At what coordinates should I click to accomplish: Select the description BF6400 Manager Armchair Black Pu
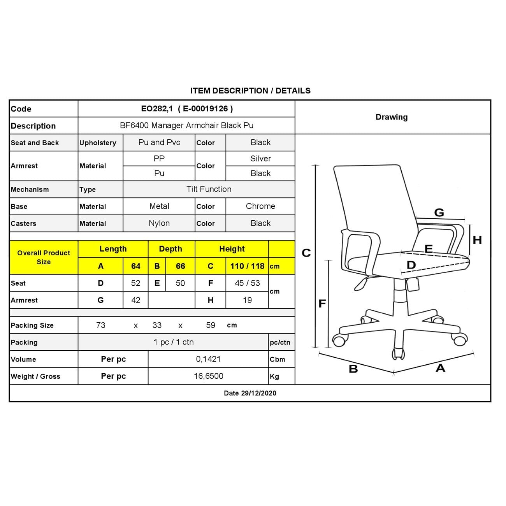(x=186, y=126)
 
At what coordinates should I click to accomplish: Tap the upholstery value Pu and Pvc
(x=159, y=142)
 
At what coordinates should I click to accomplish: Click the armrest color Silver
(x=260, y=158)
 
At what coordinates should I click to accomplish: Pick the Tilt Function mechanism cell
(x=209, y=189)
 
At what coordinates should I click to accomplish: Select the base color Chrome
(x=260, y=206)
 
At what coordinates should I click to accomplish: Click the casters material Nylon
(x=159, y=223)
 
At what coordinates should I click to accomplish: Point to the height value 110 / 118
(x=247, y=266)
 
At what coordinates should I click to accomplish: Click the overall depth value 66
(x=180, y=266)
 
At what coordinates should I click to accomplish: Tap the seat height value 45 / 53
(x=247, y=283)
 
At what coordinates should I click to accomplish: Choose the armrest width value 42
(x=135, y=300)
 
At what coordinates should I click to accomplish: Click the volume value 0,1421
(x=208, y=359)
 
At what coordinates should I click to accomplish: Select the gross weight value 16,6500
(x=208, y=376)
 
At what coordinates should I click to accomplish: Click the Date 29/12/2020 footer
(x=250, y=393)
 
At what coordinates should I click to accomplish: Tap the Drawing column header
(x=392, y=117)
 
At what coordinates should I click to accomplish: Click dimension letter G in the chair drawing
(x=439, y=213)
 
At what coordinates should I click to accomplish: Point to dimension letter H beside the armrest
(x=477, y=240)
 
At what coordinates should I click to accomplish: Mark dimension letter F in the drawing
(x=322, y=304)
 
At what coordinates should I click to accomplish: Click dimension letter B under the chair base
(x=353, y=369)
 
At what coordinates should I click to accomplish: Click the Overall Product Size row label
(x=44, y=257)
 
